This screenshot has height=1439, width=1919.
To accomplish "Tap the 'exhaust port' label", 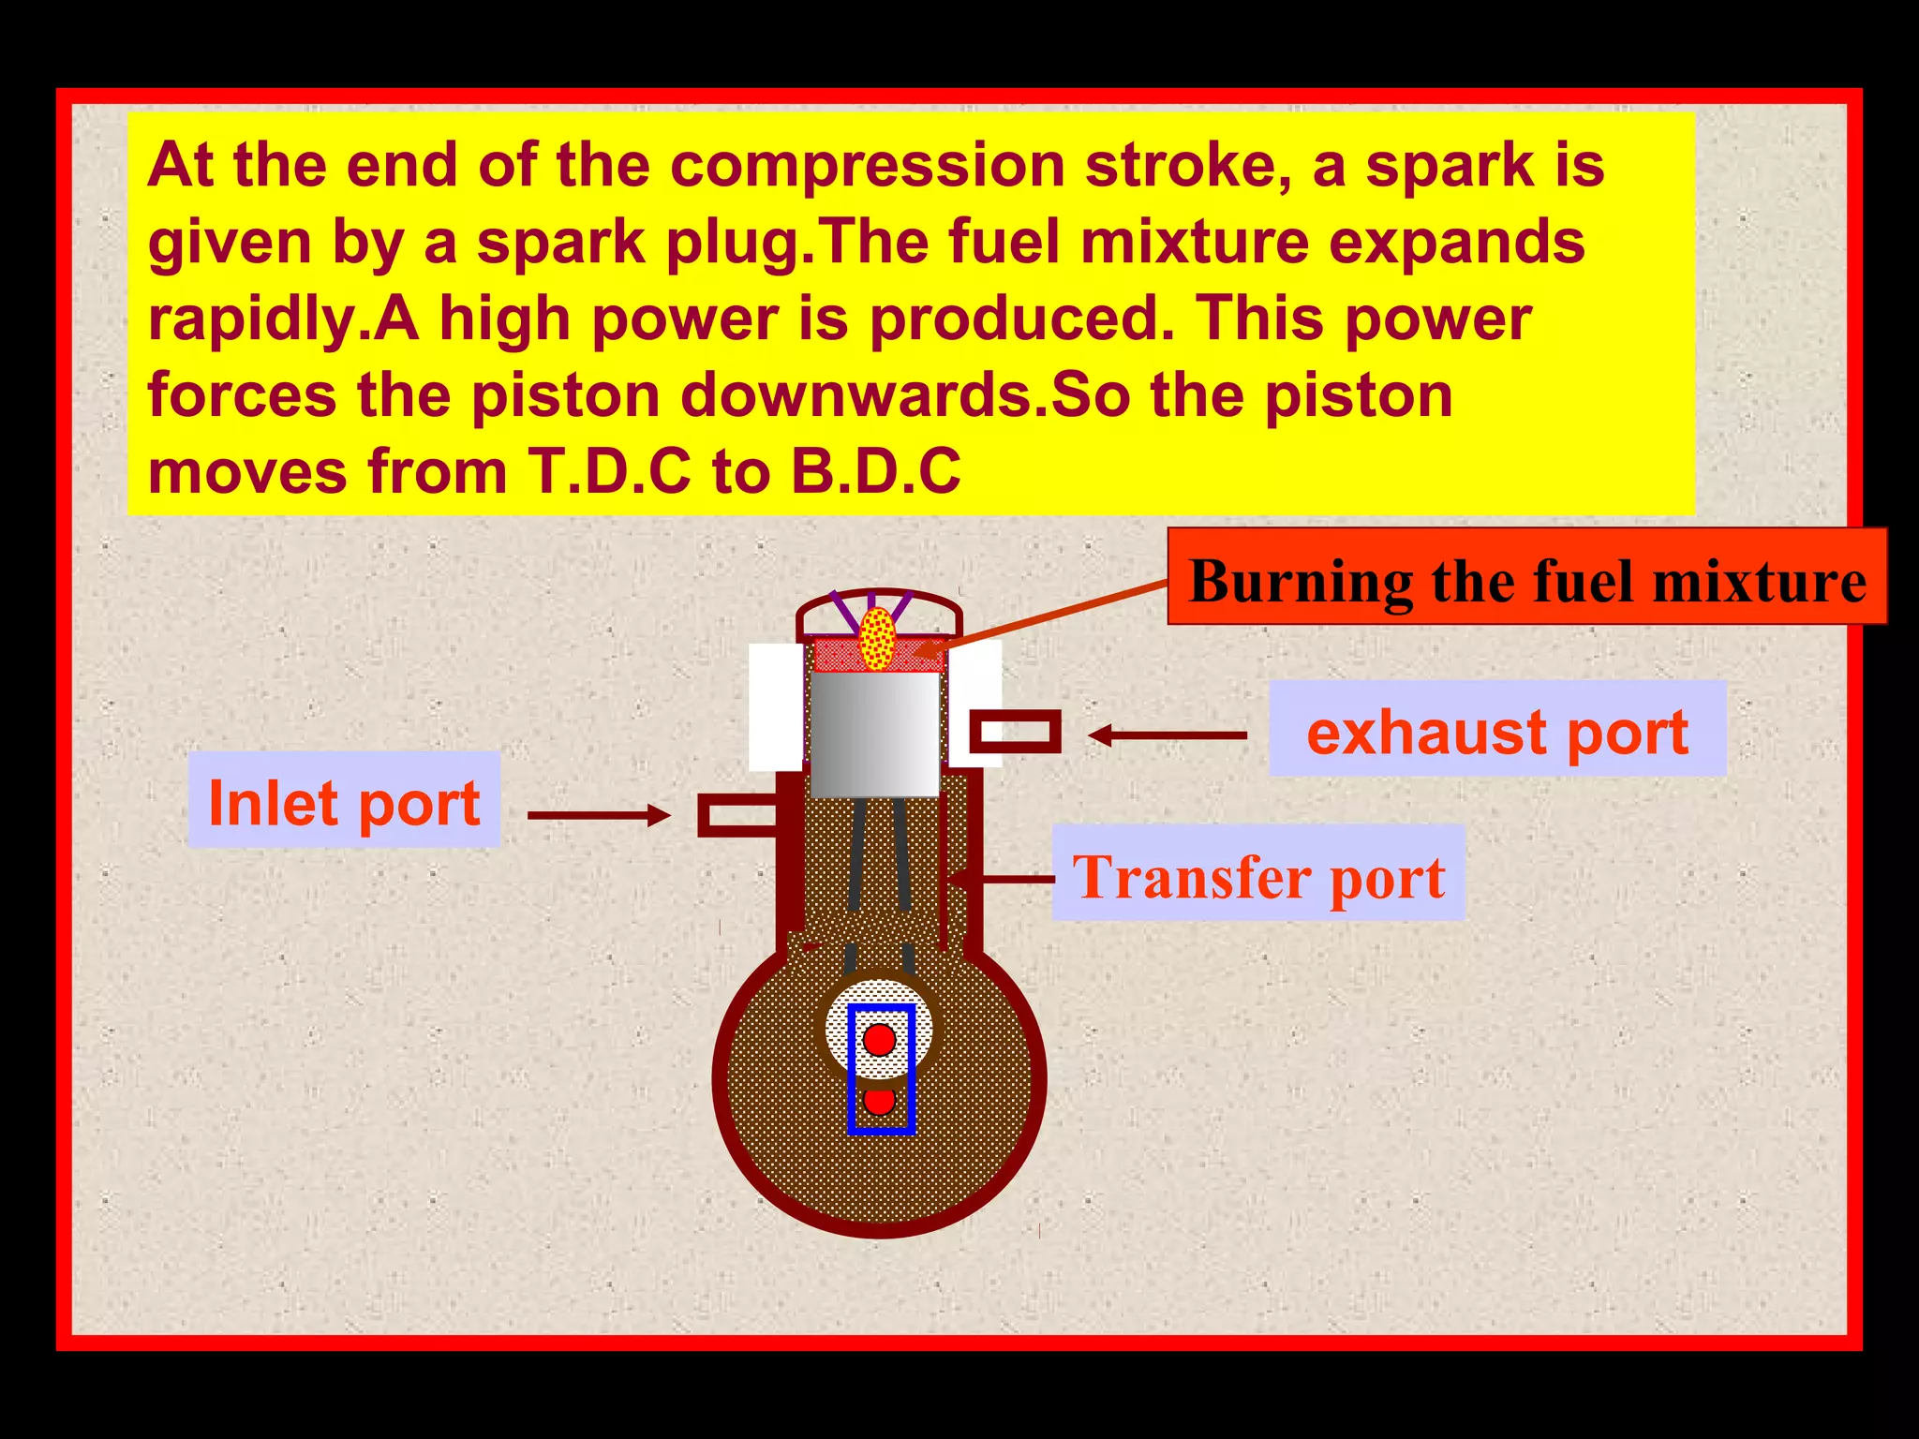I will pyautogui.click(x=1496, y=731).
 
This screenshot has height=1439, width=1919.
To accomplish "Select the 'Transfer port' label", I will pyautogui.click(x=1257, y=875).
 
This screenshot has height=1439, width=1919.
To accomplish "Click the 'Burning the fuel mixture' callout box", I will pyautogui.click(x=1526, y=579).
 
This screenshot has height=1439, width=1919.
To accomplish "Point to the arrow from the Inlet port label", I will pyautogui.click(x=599, y=815).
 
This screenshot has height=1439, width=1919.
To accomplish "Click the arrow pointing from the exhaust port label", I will pyautogui.click(x=1168, y=735).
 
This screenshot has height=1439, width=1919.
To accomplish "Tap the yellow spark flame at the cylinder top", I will pyautogui.click(x=877, y=639).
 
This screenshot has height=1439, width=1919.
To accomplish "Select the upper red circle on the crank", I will pyautogui.click(x=879, y=1039).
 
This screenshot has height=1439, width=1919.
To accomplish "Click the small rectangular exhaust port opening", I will pyautogui.click(x=1014, y=732).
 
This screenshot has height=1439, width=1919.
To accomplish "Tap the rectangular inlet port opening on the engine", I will pyautogui.click(x=737, y=815).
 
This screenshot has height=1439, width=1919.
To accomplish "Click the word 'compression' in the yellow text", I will pyautogui.click(x=868, y=165).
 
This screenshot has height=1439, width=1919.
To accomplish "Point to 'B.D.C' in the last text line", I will pyautogui.click(x=875, y=470).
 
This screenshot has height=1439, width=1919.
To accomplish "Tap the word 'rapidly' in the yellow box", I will pyautogui.click(x=253, y=319).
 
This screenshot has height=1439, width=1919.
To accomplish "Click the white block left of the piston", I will pyautogui.click(x=776, y=707).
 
